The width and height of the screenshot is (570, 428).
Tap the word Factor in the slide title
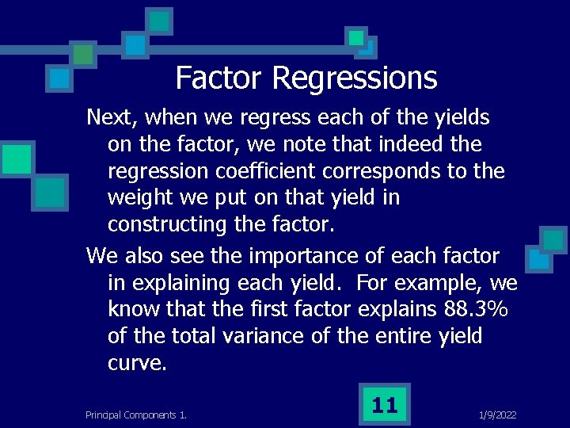click(219, 78)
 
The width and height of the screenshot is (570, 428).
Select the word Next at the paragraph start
click(109, 118)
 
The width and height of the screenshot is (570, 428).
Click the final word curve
click(137, 364)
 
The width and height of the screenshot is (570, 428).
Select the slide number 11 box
click(384, 405)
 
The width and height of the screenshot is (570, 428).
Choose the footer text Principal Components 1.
click(135, 415)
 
